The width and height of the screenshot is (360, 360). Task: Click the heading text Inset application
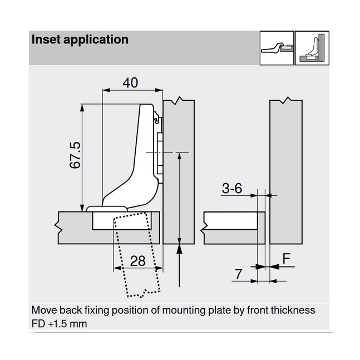tap(80, 40)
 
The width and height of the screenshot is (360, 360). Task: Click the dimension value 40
tap(130, 82)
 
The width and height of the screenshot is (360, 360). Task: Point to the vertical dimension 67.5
tap(75, 155)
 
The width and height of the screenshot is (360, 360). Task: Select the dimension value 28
tap(139, 260)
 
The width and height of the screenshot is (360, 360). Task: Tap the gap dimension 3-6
tap(231, 189)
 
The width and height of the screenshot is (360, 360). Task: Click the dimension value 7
tap(239, 274)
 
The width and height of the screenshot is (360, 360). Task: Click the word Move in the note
tap(44, 310)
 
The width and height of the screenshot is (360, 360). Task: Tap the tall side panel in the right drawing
tap(287, 172)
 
